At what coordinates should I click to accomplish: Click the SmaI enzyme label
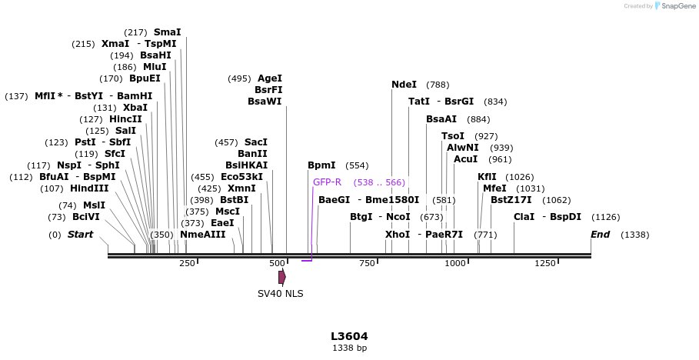pos(167,32)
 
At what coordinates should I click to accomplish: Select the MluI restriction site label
pos(154,67)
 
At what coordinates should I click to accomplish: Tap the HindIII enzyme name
pos(89,188)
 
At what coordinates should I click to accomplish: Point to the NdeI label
pos(404,85)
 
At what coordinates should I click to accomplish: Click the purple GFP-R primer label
pos(327,182)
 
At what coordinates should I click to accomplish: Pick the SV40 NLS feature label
pos(280,294)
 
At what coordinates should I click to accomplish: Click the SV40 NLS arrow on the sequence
pos(282,276)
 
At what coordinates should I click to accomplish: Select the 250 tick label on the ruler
pos(187,264)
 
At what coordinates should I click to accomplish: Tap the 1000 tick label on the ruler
pos(455,264)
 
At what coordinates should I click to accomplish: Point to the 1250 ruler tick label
pos(545,264)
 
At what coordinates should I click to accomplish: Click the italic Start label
pos(80,235)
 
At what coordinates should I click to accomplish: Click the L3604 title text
pos(349,336)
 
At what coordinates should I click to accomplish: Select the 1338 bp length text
pos(349,348)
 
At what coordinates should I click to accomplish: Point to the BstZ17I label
pos(511,200)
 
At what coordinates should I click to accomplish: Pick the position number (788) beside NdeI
pos(438,85)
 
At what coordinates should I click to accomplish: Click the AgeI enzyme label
pos(270,78)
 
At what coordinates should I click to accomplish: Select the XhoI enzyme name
pos(398,235)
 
